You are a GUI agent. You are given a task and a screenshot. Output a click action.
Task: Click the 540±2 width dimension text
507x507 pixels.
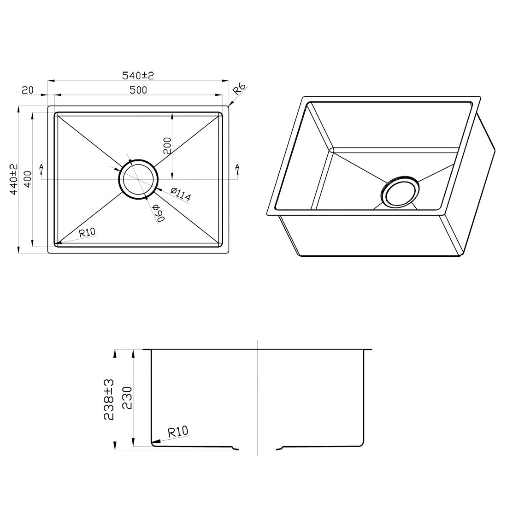point(138,76)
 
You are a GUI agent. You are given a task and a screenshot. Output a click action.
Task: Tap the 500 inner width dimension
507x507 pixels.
point(138,90)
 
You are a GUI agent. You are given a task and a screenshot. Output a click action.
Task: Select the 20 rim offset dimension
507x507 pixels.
point(28,90)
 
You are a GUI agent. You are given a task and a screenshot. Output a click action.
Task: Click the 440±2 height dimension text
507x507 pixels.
point(14,179)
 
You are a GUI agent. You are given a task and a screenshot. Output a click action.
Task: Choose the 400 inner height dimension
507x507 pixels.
point(28,179)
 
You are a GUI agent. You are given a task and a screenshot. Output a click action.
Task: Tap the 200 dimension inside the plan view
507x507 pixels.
point(167,146)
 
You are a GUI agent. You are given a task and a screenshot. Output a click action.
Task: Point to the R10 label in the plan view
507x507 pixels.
point(87,232)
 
